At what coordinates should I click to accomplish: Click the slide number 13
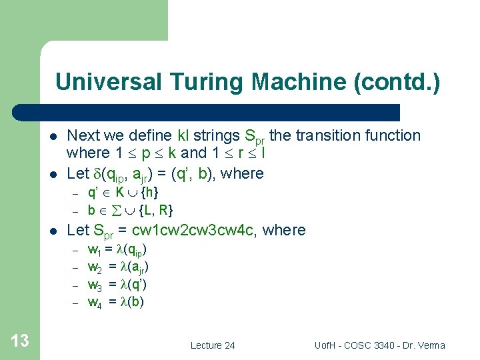click(20, 341)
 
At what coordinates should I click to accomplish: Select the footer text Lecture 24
click(213, 345)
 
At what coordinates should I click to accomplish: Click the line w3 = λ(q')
click(117, 284)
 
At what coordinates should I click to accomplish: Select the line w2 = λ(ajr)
click(118, 267)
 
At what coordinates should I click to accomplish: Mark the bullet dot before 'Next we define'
click(52, 137)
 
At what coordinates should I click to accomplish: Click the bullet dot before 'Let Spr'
click(52, 231)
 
